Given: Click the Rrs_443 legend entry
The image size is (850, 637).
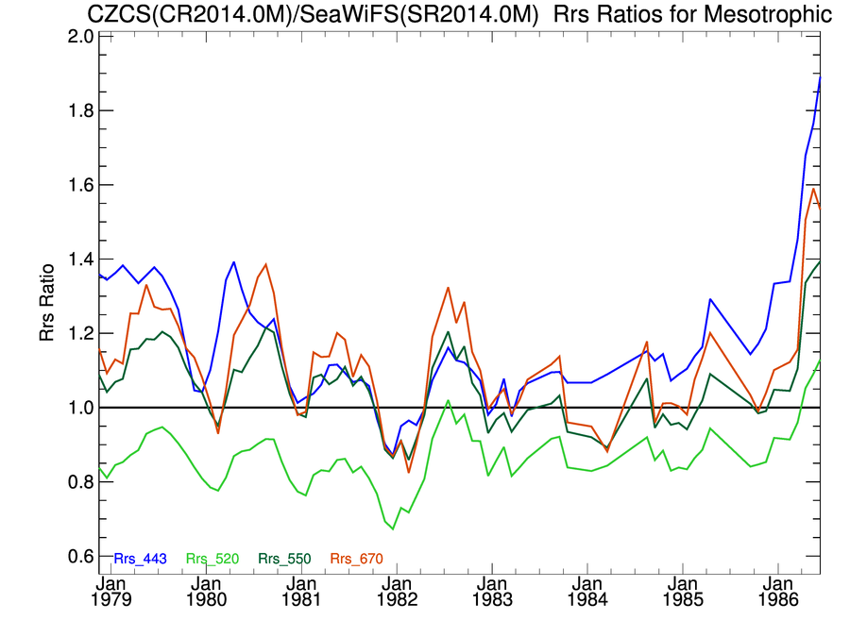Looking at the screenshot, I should click(x=140, y=559).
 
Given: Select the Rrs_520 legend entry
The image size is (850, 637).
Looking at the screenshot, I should click(x=210, y=559).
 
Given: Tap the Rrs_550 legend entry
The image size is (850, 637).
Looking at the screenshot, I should click(x=280, y=559).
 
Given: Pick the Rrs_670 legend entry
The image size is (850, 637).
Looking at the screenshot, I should click(x=352, y=559).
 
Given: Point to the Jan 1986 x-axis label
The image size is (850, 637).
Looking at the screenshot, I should click(x=778, y=592).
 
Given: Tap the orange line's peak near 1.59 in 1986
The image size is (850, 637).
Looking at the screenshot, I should click(x=813, y=188).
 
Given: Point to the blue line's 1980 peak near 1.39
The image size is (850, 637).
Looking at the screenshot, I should click(x=233, y=262).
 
